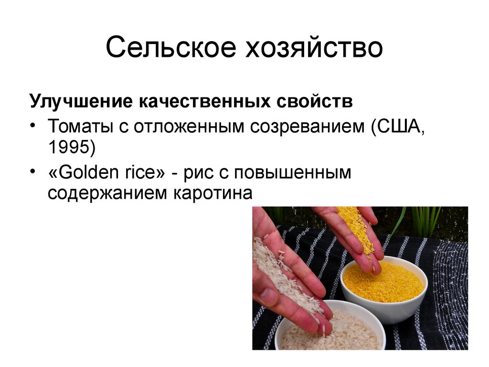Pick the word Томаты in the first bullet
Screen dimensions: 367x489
77,127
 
